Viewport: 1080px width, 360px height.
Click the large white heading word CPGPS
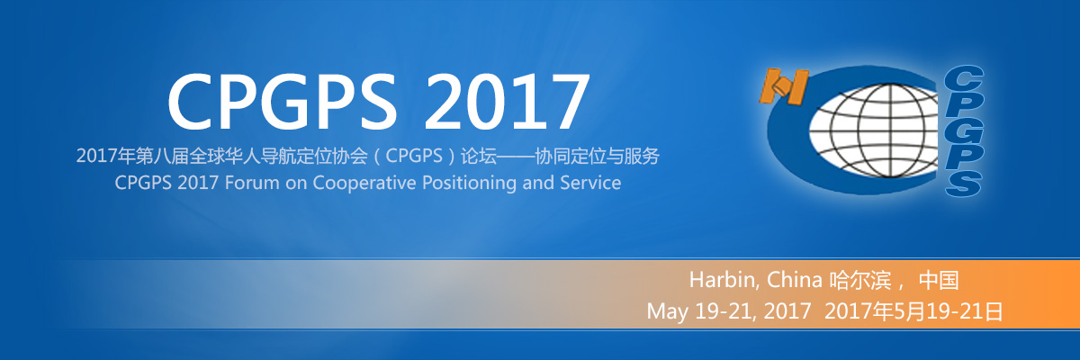point(282,101)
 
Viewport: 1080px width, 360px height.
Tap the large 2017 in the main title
point(506,101)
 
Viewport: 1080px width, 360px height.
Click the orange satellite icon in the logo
point(784,86)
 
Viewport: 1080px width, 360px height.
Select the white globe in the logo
point(874,130)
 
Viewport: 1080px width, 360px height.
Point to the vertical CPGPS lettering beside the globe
point(963,131)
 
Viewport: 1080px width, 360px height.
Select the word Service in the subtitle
point(590,183)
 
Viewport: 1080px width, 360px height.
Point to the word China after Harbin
point(794,280)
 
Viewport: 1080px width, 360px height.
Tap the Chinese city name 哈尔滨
point(860,280)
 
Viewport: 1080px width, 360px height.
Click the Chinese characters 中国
point(938,280)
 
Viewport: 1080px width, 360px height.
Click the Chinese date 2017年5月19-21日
point(913,311)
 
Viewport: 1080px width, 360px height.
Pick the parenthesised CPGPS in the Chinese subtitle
point(414,156)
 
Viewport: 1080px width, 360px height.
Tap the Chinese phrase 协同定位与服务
point(597,156)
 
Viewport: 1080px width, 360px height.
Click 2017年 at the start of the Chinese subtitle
point(105,156)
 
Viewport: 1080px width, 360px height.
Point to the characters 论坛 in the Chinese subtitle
point(478,156)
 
